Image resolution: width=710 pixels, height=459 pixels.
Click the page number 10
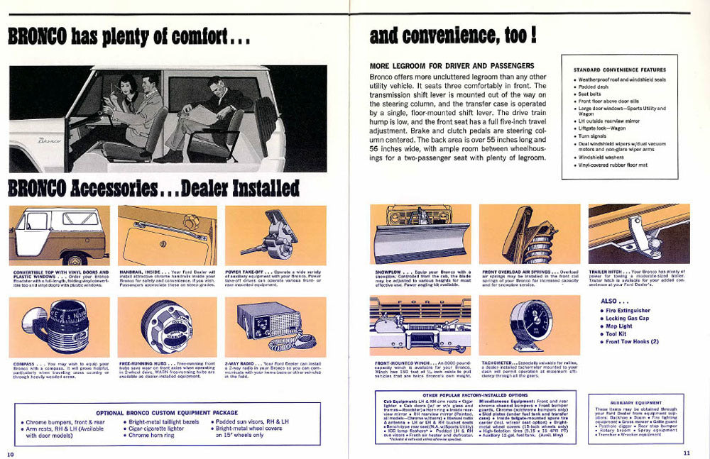click(11, 453)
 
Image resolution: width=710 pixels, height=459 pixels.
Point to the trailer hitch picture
click(638, 234)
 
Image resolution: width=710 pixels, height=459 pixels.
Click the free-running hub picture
click(168, 327)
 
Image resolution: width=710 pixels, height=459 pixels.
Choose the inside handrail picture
click(168, 235)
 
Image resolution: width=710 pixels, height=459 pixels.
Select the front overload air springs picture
click(530, 234)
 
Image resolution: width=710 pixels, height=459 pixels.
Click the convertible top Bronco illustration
click(60, 235)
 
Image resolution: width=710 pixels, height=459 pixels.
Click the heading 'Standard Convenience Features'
click(619, 70)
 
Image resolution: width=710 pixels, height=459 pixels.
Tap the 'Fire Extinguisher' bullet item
click(628, 311)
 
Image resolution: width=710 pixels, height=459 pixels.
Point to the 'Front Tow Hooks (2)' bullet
click(632, 343)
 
